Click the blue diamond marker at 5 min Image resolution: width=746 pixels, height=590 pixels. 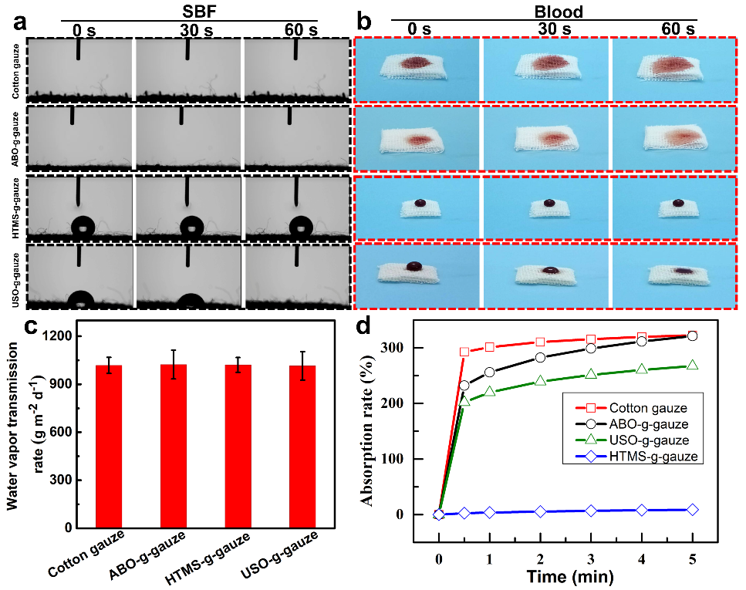point(693,509)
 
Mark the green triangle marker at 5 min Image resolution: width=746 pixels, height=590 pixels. point(693,365)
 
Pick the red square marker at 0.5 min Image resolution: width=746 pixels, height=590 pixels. point(464,352)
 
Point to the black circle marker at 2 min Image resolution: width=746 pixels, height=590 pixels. point(540,357)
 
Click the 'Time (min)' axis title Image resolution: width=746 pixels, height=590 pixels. point(565,576)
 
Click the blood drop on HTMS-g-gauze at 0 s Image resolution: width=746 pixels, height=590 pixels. point(420,202)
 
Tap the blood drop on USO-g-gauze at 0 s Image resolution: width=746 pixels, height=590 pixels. point(415,266)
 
